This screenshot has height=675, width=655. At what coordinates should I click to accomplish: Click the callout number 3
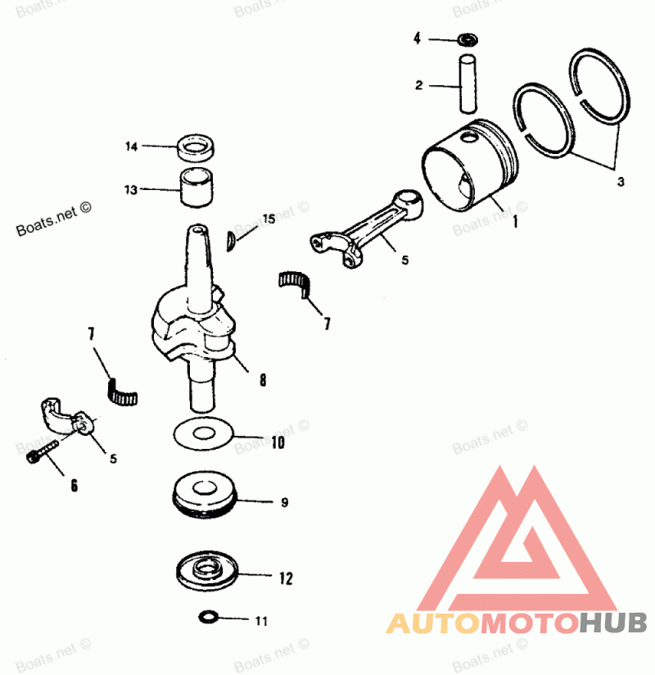(620, 180)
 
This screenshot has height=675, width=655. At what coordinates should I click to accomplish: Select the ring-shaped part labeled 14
(197, 149)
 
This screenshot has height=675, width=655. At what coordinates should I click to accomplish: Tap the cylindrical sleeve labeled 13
(196, 189)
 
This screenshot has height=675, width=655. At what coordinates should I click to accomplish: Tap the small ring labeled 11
(208, 616)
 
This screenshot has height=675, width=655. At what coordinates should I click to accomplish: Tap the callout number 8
(262, 380)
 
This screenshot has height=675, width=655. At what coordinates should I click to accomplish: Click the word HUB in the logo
(613, 623)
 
